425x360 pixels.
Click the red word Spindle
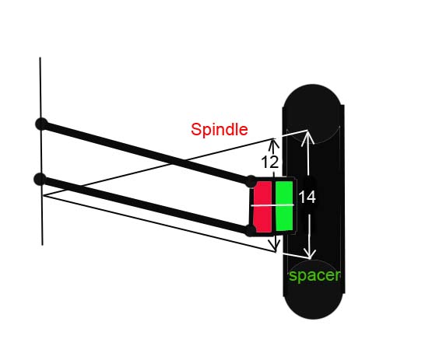coord(220,129)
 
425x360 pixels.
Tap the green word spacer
coord(314,276)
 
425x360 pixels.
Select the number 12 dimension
coord(270,163)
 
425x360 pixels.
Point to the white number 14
coord(307,197)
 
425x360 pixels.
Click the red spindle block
coord(262,207)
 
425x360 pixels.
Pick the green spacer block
coord(284,206)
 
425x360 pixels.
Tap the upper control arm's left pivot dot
coord(41,124)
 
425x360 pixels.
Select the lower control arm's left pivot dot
coord(40,179)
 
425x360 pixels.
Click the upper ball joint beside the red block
coord(251,181)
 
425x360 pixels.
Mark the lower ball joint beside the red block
coord(250,230)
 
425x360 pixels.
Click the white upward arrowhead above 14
coord(307,137)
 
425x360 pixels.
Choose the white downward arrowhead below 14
coord(310,252)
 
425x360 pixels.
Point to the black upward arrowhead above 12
coord(274,144)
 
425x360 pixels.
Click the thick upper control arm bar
coord(146,152)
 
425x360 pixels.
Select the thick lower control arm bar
coord(146,204)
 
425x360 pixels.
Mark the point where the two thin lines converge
coord(44,195)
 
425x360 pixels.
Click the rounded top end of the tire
coord(312,97)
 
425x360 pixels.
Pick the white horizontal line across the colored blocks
coord(272,205)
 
